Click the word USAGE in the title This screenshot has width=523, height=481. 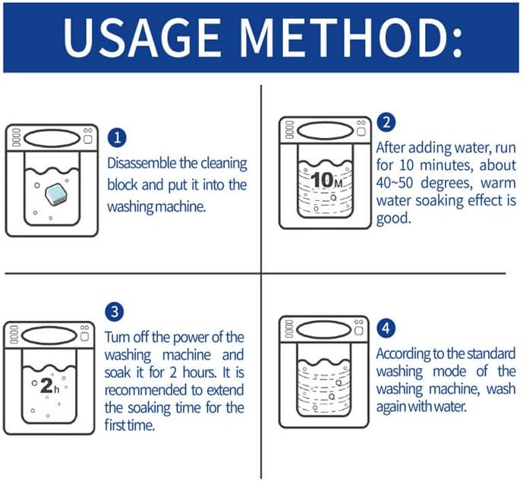(143, 37)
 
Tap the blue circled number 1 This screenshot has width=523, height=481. (117, 138)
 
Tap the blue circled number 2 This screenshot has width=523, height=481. (386, 123)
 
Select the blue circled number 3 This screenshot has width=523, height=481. (115, 312)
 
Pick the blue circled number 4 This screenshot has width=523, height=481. (386, 328)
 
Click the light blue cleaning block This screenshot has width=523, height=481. (56, 194)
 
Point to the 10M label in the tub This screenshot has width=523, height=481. (326, 180)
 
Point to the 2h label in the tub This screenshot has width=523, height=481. (49, 386)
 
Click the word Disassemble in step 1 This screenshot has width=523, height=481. (142, 163)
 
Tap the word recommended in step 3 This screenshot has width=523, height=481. (146, 390)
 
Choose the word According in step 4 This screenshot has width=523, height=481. (403, 354)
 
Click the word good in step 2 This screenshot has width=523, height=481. (393, 219)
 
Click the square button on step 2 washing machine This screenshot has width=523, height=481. (361, 131)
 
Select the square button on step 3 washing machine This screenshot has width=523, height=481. (85, 336)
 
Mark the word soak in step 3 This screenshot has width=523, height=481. (117, 373)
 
